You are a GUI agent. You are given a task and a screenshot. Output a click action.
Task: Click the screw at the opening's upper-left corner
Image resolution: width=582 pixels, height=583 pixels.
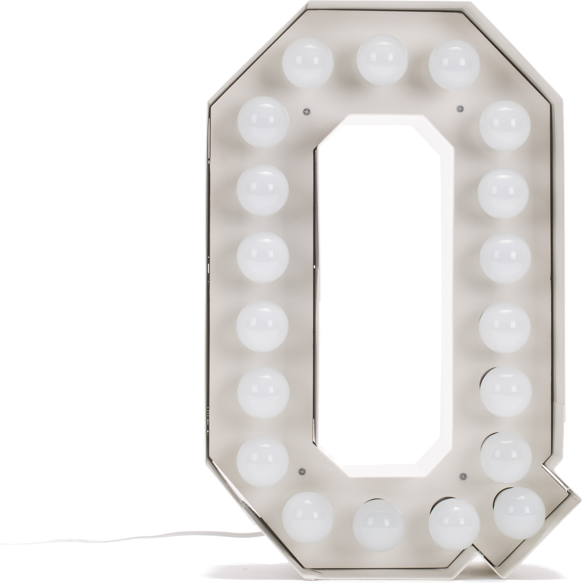point(305,112)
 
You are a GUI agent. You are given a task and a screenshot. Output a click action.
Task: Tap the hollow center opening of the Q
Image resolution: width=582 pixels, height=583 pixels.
point(383,291)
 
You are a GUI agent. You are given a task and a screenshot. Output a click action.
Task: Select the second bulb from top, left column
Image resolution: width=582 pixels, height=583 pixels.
point(262,190)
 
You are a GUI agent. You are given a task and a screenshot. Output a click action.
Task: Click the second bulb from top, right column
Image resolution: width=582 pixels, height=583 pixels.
point(505,193)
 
